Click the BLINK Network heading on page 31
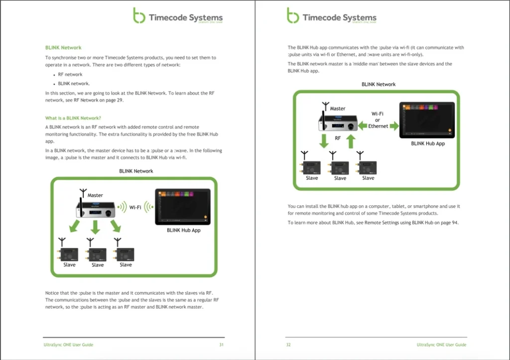pyautogui.click(x=63, y=48)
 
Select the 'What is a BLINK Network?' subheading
pyautogui.click(x=73, y=118)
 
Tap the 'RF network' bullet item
pyautogui.click(x=70, y=74)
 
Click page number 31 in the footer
pyautogui.click(x=221, y=345)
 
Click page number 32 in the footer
pyautogui.click(x=288, y=345)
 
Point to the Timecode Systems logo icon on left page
pyautogui.click(x=139, y=15)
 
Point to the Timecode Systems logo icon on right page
pyautogui.click(x=293, y=15)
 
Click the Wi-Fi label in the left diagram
pyautogui.click(x=135, y=207)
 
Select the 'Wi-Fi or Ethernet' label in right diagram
pyautogui.click(x=378, y=120)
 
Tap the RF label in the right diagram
pyautogui.click(x=338, y=138)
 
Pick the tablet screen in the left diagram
pyautogui.click(x=183, y=206)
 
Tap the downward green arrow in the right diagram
pyautogui.click(x=324, y=140)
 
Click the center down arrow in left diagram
pyautogui.click(x=96, y=228)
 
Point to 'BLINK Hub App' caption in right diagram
pyautogui.click(x=428, y=143)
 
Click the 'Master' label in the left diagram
pyautogui.click(x=95, y=195)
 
